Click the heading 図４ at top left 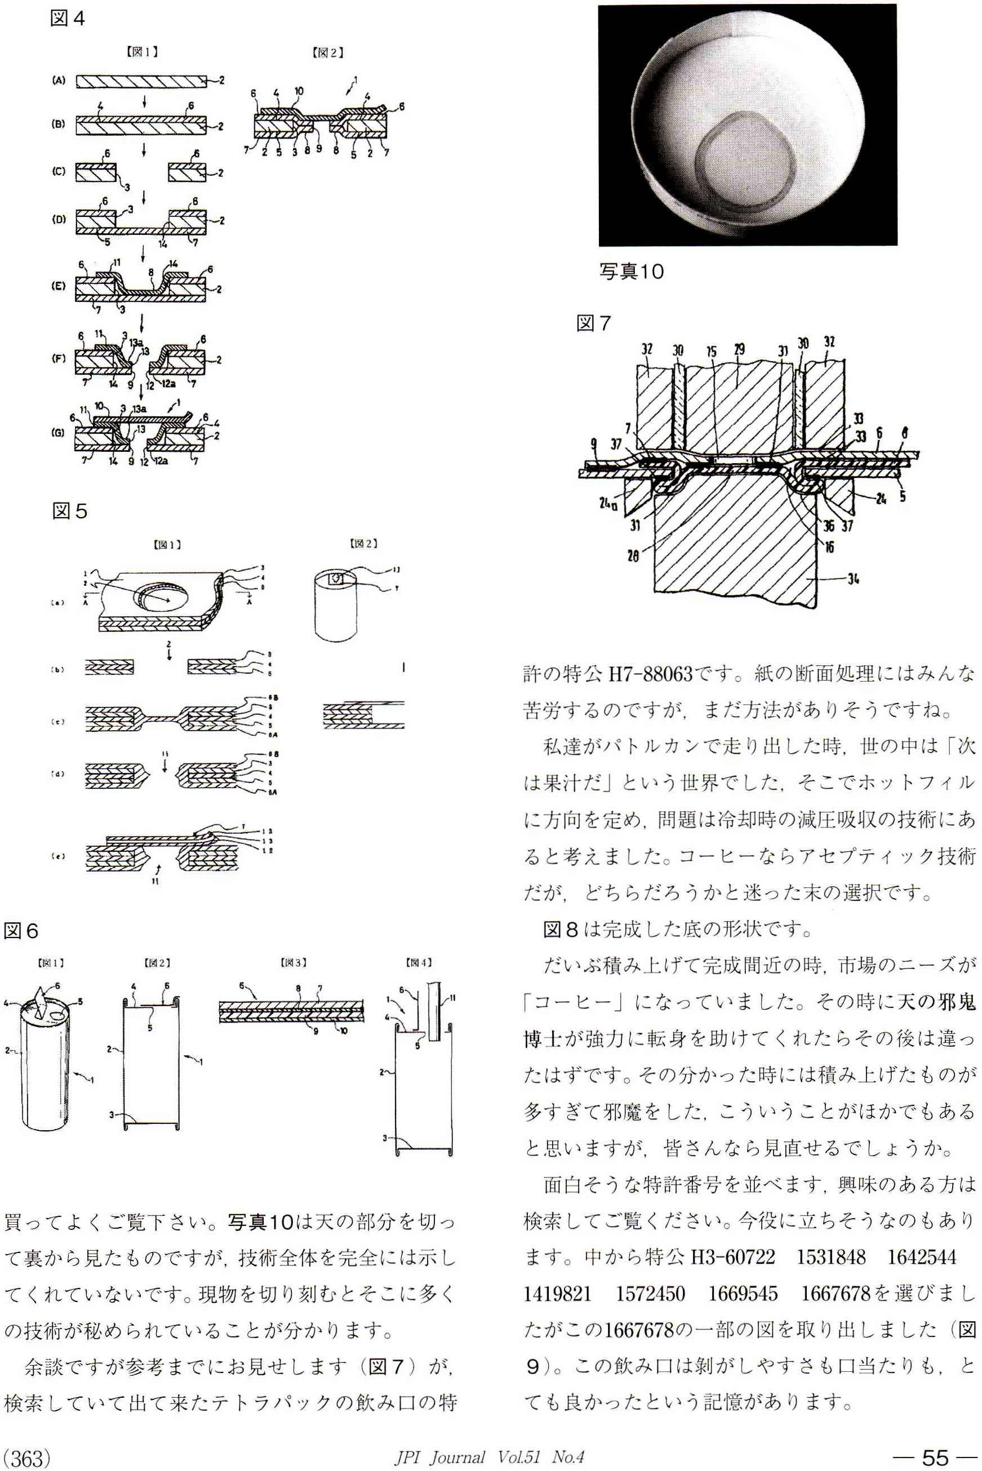(x=67, y=18)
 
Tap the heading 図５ (x=69, y=511)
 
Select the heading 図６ (x=21, y=931)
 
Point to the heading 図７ (x=593, y=323)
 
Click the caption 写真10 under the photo (x=631, y=271)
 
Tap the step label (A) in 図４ (x=59, y=80)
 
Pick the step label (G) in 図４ (x=58, y=432)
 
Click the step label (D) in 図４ (x=59, y=219)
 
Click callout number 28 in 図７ (x=633, y=555)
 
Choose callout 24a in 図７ (x=607, y=503)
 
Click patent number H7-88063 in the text (x=651, y=674)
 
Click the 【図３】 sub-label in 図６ (x=293, y=962)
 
